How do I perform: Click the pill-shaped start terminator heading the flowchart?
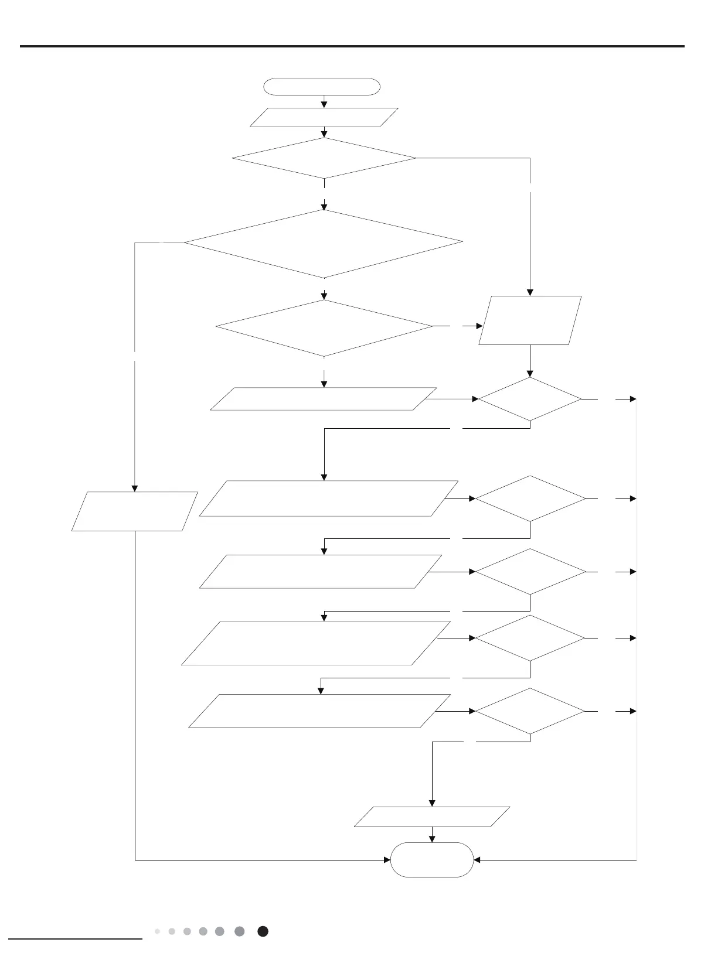click(322, 87)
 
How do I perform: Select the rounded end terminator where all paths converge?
click(432, 859)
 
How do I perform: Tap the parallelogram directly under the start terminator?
click(324, 117)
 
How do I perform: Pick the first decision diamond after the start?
click(324, 158)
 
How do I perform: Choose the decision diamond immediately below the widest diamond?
click(324, 328)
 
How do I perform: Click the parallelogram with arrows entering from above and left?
click(530, 320)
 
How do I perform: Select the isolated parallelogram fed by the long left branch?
click(134, 511)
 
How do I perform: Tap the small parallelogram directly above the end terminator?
click(432, 817)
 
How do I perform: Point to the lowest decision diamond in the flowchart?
click(530, 711)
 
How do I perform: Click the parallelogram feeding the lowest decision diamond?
click(319, 711)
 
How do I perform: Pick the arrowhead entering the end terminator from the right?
click(477, 860)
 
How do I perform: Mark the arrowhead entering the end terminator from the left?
click(387, 860)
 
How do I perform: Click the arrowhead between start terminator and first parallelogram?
click(324, 104)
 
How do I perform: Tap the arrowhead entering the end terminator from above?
click(432, 839)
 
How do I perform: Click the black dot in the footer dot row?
click(263, 931)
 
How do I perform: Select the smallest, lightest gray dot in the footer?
click(157, 931)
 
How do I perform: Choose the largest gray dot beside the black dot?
click(239, 931)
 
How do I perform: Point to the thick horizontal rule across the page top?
click(352, 46)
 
